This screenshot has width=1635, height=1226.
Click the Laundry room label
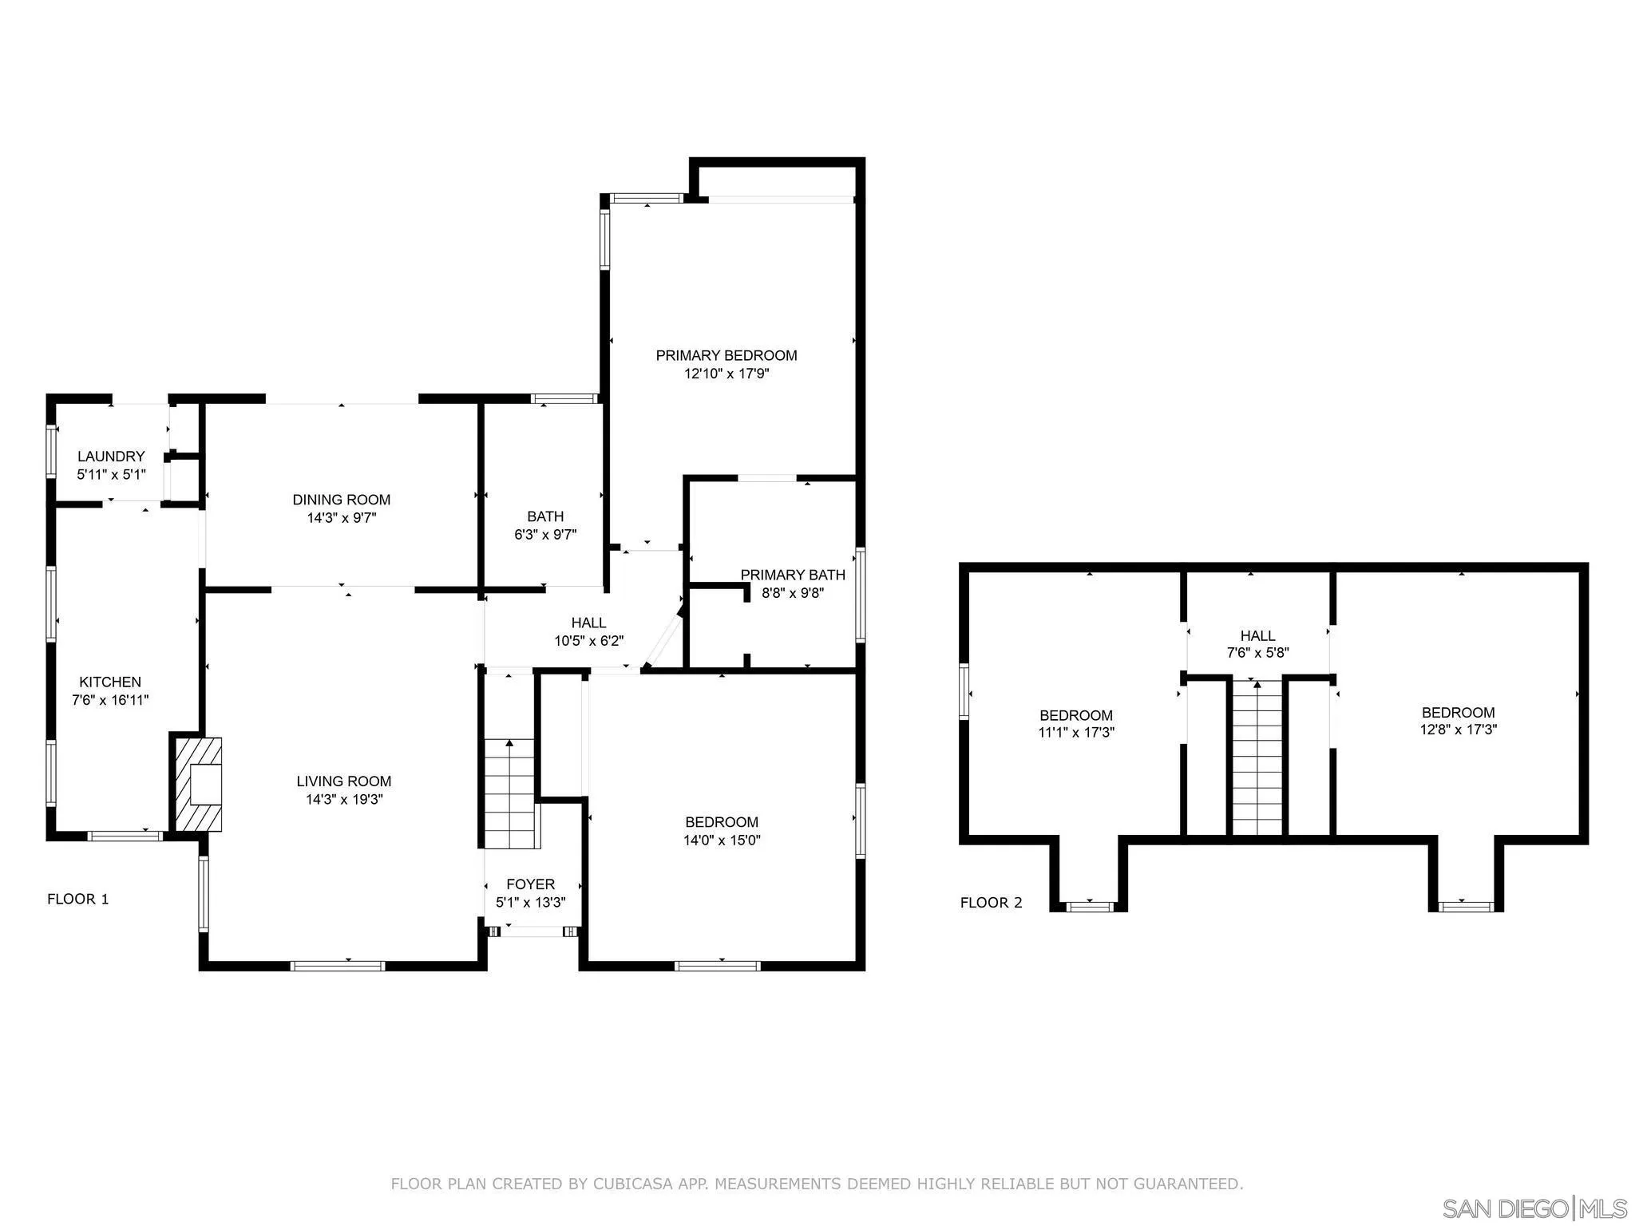point(111,456)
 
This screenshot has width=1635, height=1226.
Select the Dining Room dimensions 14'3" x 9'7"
point(342,517)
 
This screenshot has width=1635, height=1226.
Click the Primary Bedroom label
point(726,355)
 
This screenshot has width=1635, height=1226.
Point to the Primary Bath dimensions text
point(792,593)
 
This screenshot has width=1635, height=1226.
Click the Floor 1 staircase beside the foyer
point(509,794)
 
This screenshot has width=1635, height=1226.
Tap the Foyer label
point(530,884)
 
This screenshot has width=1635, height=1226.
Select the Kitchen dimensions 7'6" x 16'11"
point(110,700)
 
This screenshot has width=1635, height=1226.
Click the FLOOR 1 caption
point(77,899)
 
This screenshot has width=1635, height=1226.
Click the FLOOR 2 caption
point(991,903)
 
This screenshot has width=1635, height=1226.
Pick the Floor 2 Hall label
point(1257,635)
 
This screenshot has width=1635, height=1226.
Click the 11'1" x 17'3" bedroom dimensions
point(1075,732)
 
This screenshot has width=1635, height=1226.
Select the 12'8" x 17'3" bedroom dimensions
point(1458,729)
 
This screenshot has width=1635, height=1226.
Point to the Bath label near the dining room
point(545,516)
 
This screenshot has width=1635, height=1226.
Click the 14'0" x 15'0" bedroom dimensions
point(722,840)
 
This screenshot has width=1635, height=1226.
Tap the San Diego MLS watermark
point(1534,1208)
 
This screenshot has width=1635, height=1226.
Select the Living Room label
point(344,781)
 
